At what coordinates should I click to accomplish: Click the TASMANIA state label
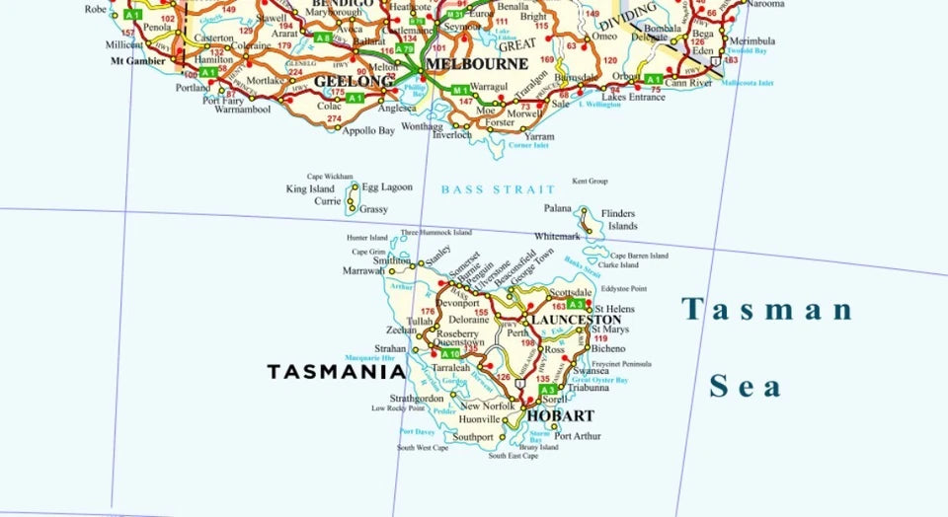(x=336, y=372)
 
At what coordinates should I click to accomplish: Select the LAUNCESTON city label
(x=576, y=321)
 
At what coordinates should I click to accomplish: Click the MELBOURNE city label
(x=477, y=64)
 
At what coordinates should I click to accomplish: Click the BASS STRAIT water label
(x=491, y=189)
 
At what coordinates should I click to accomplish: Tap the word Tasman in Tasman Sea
(x=767, y=310)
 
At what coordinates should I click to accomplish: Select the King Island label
(x=310, y=188)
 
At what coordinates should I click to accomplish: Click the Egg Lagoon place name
(x=387, y=186)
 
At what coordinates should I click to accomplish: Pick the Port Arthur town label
(x=578, y=436)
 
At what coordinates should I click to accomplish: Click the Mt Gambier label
(x=138, y=60)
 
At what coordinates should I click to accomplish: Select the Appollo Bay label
(x=368, y=130)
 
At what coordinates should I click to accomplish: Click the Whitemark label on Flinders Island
(x=557, y=237)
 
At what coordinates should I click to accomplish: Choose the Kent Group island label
(x=590, y=182)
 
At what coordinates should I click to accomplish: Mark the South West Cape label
(x=423, y=448)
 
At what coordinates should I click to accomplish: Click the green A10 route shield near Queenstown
(x=450, y=353)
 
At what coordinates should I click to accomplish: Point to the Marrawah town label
(x=363, y=270)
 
